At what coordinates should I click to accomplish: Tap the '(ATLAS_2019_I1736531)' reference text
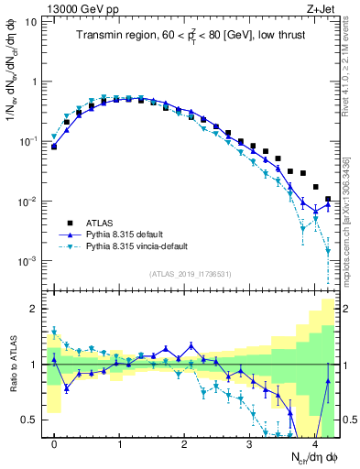point(191,274)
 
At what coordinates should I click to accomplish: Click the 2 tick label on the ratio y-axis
point(34,309)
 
